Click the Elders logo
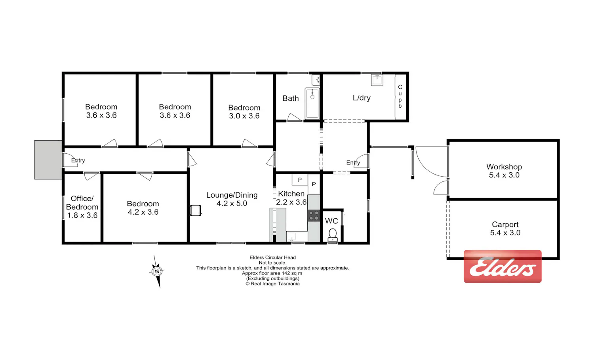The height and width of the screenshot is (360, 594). (503, 267)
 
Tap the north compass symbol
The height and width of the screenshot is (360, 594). (157, 271)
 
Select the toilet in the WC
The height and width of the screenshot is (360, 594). (333, 235)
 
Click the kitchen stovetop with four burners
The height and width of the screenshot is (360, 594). (314, 215)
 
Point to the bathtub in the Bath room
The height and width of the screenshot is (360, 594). (312, 103)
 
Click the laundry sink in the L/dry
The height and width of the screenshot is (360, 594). (377, 80)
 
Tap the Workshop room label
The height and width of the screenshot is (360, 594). (504, 167)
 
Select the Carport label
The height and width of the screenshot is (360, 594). (505, 225)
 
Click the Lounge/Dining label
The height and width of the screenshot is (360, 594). (232, 195)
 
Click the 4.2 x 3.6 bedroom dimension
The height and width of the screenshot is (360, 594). (143, 212)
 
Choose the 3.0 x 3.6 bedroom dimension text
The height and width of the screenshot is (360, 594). (244, 116)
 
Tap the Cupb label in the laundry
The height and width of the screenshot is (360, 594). (400, 96)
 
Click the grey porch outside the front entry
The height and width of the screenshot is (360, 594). (48, 160)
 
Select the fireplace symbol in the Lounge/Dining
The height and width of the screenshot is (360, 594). (196, 211)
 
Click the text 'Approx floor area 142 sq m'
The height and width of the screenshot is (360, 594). (272, 273)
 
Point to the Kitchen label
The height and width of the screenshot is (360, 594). (291, 194)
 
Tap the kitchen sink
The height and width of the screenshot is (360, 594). (292, 236)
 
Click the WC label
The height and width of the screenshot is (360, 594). (331, 221)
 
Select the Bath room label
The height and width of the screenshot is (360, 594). (291, 99)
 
